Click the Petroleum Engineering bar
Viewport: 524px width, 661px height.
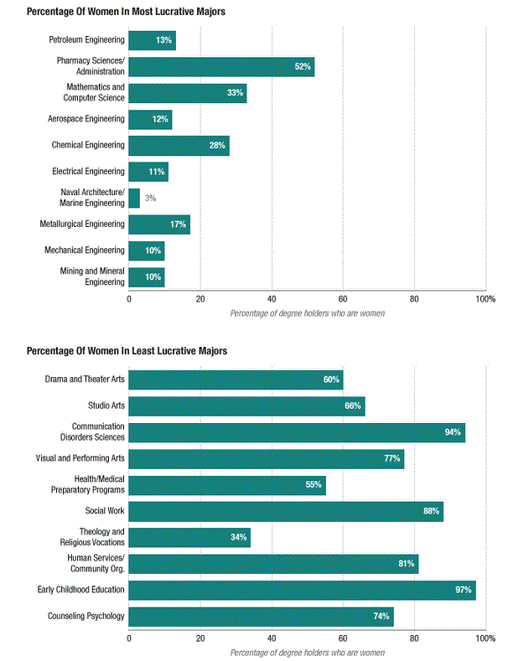153,40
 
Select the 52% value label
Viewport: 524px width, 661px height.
303,67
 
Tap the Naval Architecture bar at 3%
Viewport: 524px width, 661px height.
134,198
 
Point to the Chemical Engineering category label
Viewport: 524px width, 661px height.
88,145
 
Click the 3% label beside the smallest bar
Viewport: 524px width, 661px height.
151,198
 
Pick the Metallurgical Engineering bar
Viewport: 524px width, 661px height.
159,225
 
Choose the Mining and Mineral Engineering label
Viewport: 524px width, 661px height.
92,276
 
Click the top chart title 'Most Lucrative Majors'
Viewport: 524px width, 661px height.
126,12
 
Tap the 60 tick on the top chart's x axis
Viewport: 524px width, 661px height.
343,299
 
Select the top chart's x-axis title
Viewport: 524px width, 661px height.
308,313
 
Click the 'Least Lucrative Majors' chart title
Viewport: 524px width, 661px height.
127,351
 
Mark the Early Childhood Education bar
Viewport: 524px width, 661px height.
302,590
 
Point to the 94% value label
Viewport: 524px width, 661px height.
453,432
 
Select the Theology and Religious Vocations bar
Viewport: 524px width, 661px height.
189,538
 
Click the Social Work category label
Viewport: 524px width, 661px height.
105,511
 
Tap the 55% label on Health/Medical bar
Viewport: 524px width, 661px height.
314,485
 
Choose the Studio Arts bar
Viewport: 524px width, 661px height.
246,406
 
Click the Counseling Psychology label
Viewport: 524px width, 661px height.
86,617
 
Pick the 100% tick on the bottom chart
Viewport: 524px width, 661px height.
485,638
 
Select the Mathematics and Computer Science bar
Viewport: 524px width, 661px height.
188,93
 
